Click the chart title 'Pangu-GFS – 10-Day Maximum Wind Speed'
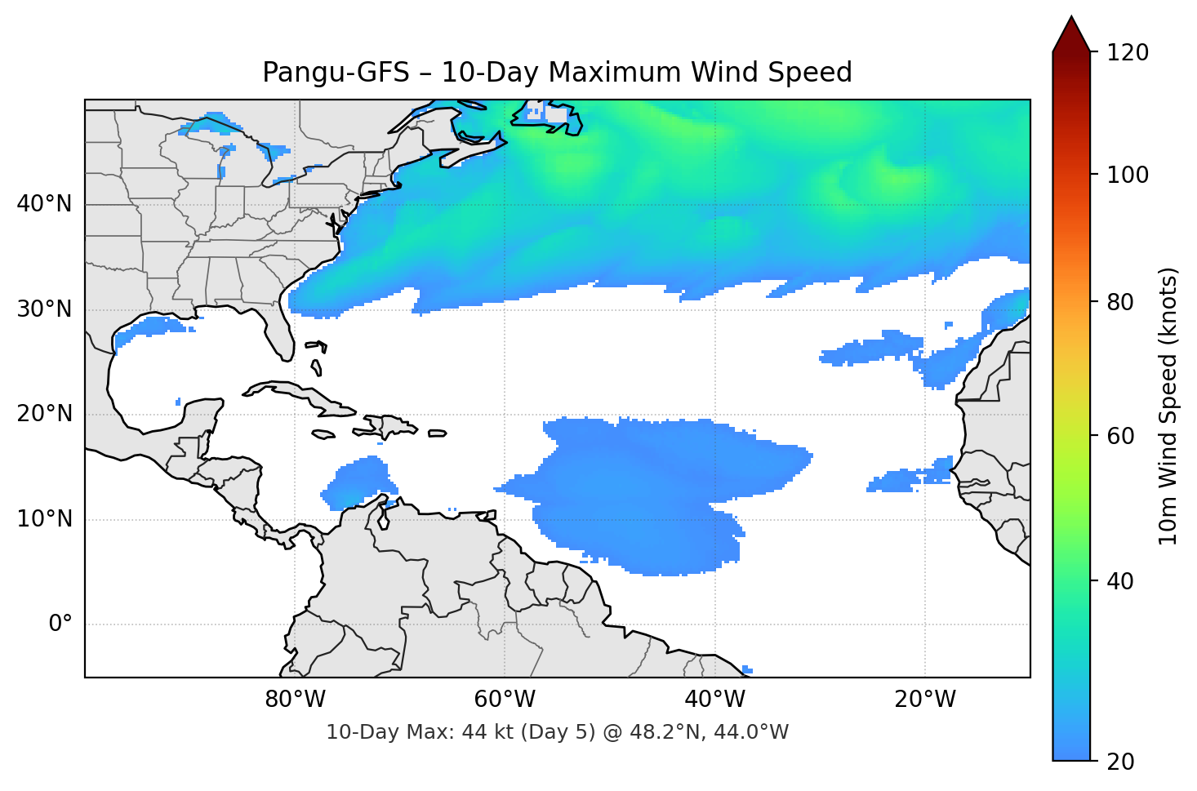click(557, 73)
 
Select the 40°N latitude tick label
click(44, 204)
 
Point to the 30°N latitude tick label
click(44, 309)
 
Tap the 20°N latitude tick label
click(44, 414)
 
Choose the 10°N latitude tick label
click(44, 519)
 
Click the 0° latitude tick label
click(60, 624)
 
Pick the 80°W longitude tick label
click(295, 700)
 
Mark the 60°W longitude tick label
click(505, 700)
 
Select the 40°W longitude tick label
click(714, 700)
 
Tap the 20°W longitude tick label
click(924, 700)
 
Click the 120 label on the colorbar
click(1128, 53)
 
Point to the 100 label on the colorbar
click(1128, 175)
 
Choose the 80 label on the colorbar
click(1121, 302)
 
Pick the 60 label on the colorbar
click(1121, 436)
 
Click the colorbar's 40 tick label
click(1121, 581)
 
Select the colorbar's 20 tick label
click(1121, 762)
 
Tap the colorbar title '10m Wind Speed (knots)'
click(1169, 406)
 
